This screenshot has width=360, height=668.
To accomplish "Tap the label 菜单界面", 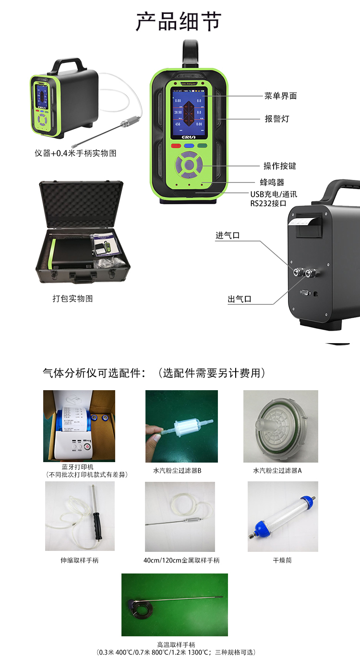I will click(x=280, y=96).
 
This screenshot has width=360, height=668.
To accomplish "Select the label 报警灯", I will click(x=277, y=119).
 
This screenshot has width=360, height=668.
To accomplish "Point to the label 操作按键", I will click(x=280, y=166).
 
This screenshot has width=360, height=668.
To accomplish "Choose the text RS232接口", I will click(x=267, y=203).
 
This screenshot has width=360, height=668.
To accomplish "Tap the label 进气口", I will click(x=227, y=236).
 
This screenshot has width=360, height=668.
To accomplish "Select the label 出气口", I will click(x=240, y=299).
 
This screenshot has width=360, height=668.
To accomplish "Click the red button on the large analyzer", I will click(x=176, y=145).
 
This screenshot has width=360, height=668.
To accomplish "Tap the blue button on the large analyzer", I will click(x=189, y=145).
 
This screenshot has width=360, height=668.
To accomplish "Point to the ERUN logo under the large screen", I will click(x=189, y=136).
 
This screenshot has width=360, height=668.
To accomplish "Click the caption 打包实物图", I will click(x=72, y=298).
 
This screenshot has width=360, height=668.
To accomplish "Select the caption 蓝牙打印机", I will click(x=78, y=467).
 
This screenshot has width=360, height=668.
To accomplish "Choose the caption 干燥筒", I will click(x=282, y=560).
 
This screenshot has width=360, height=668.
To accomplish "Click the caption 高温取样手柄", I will click(x=176, y=644).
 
